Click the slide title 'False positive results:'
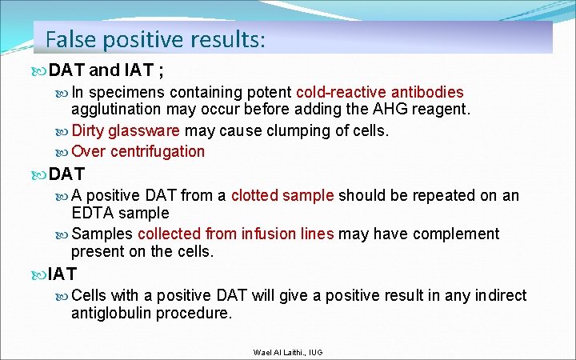point(155,38)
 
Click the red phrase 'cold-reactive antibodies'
point(379,93)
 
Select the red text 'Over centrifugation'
point(138,151)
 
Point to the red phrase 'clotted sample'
point(283,195)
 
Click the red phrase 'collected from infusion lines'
point(235,234)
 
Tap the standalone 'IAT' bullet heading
point(62,275)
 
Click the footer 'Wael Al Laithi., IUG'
point(287,352)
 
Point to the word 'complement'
point(458,234)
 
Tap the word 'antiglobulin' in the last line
point(109,314)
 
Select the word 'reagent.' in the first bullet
point(443,110)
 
